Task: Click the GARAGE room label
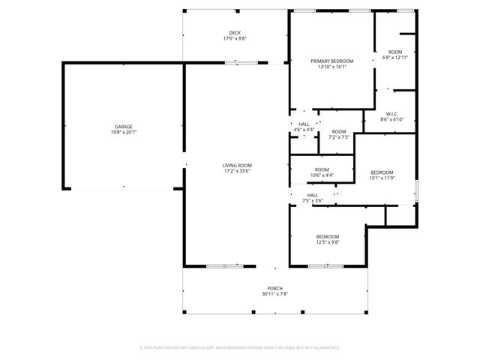tap(124, 127)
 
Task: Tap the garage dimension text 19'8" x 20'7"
tap(124, 133)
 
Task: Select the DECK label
tap(235, 33)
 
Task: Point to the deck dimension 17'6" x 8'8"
tap(235, 39)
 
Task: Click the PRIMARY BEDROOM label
tap(331, 61)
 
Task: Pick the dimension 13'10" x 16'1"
tap(331, 67)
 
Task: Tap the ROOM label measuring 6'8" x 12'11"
tap(395, 52)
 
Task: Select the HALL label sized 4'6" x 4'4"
tap(304, 124)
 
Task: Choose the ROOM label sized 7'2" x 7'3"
tap(339, 131)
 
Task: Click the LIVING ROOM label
tap(236, 165)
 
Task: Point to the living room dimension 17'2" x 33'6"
tap(236, 171)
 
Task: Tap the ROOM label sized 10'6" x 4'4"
tap(322, 169)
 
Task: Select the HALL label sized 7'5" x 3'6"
tap(312, 195)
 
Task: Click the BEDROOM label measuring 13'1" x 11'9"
tap(382, 172)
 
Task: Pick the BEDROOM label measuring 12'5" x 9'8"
tap(328, 236)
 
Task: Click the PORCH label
tap(275, 288)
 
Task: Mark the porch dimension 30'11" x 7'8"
tap(275, 294)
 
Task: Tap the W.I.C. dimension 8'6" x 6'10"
tap(392, 120)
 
